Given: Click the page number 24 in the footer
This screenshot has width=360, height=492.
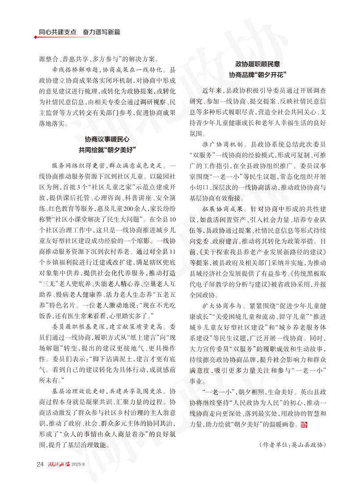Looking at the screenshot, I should (40, 463).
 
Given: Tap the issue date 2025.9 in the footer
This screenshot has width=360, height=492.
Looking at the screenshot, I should (78, 464).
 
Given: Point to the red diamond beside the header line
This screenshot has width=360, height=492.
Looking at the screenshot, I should (36, 37).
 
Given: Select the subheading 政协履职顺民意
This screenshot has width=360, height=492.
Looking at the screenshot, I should (258, 64).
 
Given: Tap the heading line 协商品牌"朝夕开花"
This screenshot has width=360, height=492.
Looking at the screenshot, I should (258, 74).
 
